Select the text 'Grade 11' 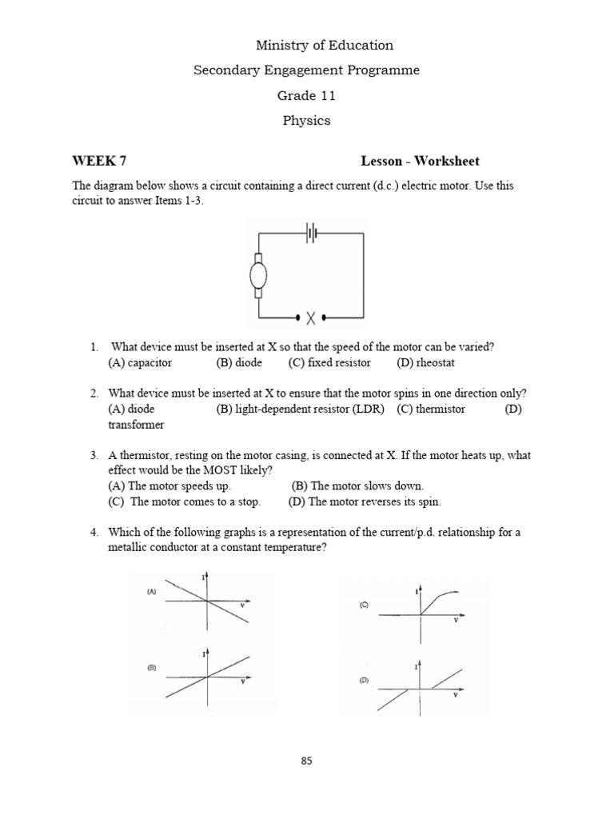point(306,96)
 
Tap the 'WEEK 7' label point(99,162)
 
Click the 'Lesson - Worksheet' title point(420,162)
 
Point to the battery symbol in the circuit point(310,234)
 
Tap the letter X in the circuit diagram point(310,318)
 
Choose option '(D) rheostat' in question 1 point(425,362)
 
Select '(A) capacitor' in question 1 point(140,362)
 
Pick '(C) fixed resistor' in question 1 point(329,362)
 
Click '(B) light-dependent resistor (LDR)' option point(300,409)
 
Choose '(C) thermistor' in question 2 point(430,409)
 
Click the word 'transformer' point(135,425)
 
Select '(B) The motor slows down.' point(357,485)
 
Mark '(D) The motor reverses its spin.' point(366,501)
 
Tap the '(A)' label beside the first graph point(150,592)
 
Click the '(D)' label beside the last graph point(364,681)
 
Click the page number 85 point(306,761)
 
